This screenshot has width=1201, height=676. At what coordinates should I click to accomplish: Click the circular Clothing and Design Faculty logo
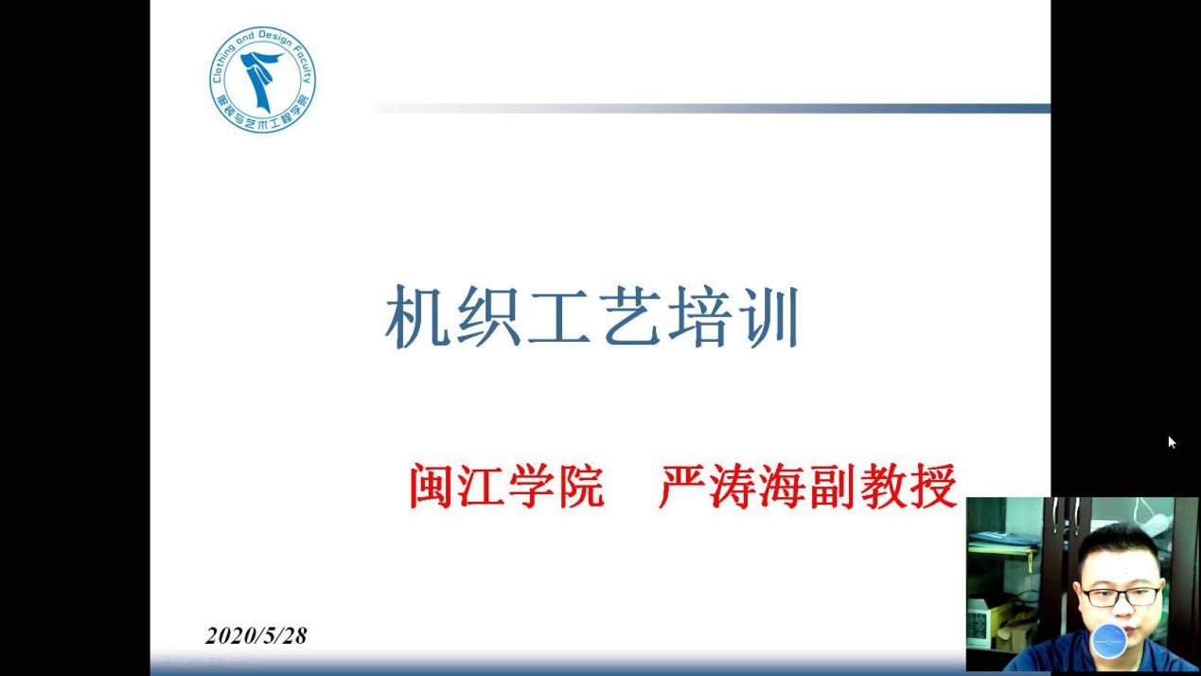tap(262, 80)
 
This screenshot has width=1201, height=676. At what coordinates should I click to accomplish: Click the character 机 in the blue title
tap(416, 316)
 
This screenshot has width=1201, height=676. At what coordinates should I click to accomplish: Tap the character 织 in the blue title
tap(488, 316)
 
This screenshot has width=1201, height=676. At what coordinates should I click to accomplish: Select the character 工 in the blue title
tap(559, 316)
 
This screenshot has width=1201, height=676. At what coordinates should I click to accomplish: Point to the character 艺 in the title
tap(630, 316)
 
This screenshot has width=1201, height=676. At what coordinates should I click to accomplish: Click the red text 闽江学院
tap(506, 486)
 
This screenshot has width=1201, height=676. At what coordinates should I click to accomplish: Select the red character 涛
tap(732, 486)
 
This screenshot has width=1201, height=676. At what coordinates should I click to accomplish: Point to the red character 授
tap(933, 486)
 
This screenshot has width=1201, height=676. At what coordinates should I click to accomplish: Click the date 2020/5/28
tap(256, 636)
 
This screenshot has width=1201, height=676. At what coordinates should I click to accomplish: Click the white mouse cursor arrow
tap(1172, 442)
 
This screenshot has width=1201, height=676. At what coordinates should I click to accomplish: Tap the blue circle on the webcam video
tap(1109, 641)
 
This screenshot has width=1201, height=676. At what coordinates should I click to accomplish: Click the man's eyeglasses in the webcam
tap(1120, 596)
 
